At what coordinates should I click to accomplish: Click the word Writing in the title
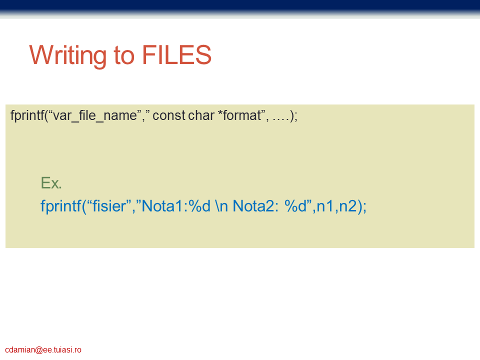67,55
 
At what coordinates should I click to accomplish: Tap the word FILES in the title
176,55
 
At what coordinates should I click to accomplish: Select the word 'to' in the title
124,55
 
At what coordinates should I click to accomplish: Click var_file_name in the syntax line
95,116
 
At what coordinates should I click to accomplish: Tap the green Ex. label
51,183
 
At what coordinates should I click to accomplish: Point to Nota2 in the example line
254,206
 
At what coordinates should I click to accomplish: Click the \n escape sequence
221,206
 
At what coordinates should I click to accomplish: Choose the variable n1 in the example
325,206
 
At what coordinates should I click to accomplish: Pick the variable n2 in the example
348,206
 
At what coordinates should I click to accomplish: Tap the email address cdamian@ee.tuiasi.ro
43,350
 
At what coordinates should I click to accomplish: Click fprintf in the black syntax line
27,115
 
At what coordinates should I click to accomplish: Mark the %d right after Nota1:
199,206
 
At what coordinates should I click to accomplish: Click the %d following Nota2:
295,206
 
